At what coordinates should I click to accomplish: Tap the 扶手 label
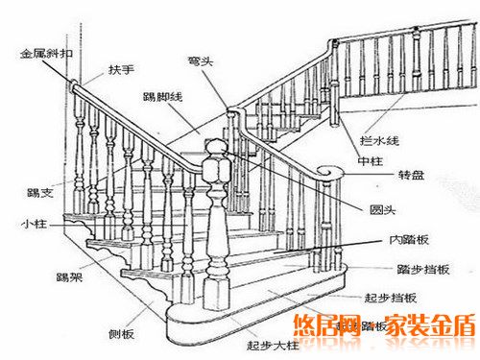pyautogui.click(x=121, y=70)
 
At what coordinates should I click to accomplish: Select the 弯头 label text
pyautogui.click(x=199, y=60)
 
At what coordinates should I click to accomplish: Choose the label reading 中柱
pyautogui.click(x=372, y=159)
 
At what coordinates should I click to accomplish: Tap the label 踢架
pyautogui.click(x=67, y=277)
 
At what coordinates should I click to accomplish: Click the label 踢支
pyautogui.click(x=40, y=194)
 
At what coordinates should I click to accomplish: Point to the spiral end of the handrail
pyautogui.click(x=332, y=174)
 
